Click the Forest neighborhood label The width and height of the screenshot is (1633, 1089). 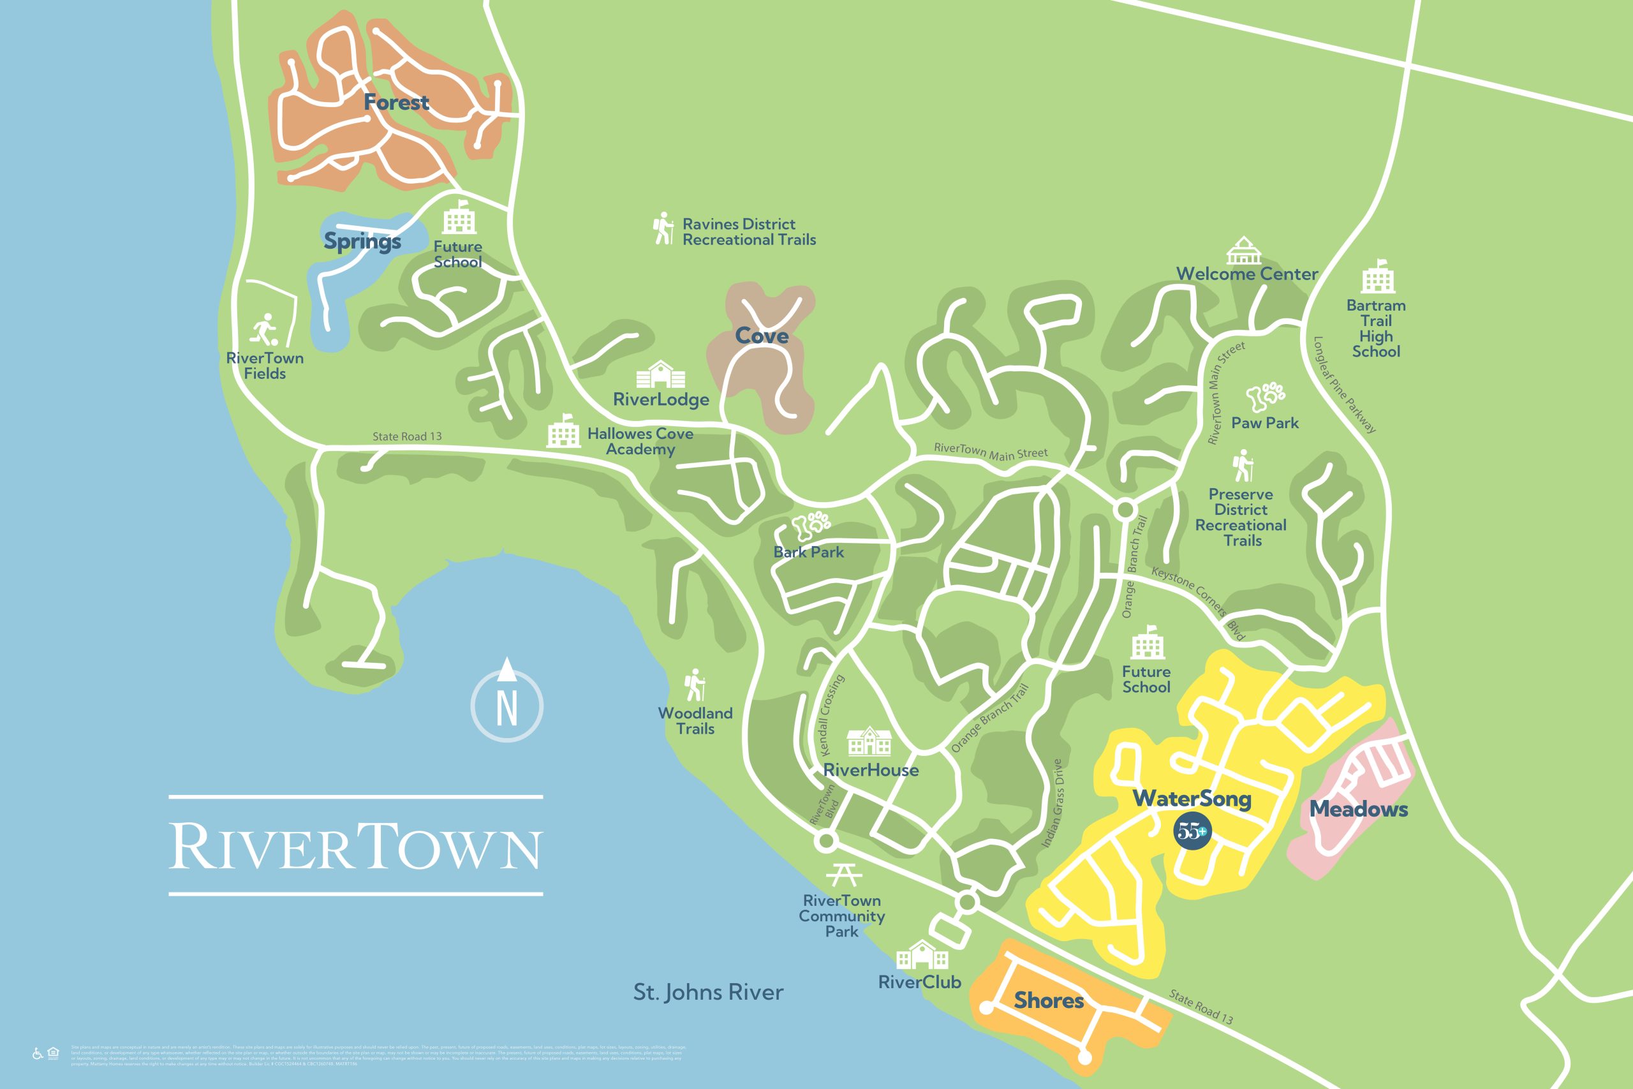tap(396, 103)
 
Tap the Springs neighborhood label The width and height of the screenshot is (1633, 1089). tap(362, 241)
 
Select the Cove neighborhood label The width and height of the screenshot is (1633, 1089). tap(762, 336)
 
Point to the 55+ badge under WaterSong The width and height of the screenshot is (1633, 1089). tap(1192, 831)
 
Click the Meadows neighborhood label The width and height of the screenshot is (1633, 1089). tap(1358, 809)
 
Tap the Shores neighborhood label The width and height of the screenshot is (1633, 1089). tap(1049, 1000)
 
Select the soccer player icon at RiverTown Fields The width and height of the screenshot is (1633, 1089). tap(265, 329)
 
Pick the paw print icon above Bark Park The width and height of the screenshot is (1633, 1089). tap(810, 526)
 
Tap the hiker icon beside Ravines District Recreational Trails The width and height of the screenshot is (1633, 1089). tap(663, 228)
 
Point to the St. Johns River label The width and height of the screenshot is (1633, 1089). tap(708, 992)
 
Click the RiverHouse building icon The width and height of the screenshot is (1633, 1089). tap(869, 742)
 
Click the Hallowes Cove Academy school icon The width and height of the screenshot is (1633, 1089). tap(563, 433)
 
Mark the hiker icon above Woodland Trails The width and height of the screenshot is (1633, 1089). tap(695, 685)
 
